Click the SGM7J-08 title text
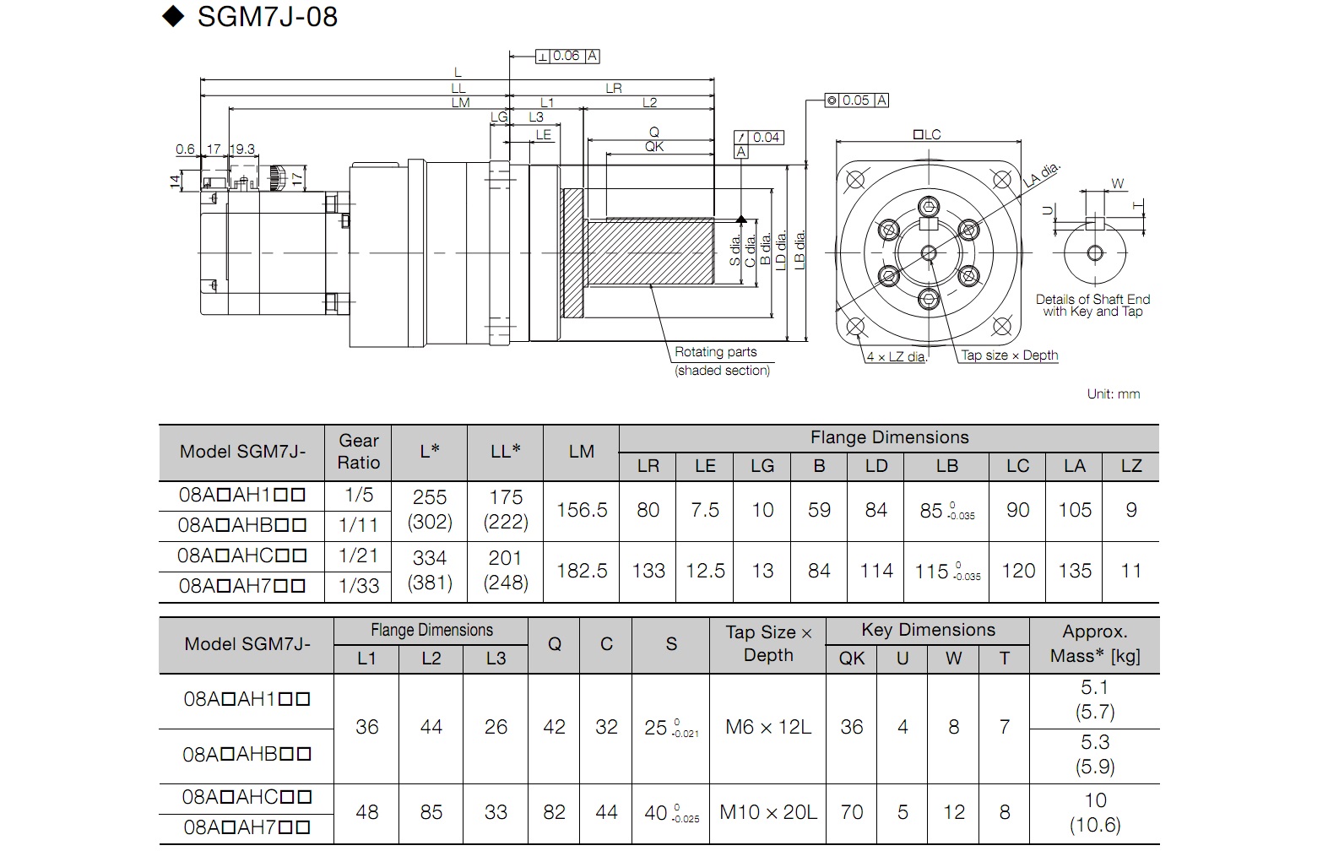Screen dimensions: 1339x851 pyautogui.click(x=267, y=17)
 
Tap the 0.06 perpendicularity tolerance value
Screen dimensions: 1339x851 pyautogui.click(x=566, y=56)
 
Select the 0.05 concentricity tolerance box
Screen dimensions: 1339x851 pyautogui.click(x=856, y=100)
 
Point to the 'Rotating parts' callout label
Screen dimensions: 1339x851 pyautogui.click(x=716, y=352)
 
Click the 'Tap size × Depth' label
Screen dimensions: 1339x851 pyautogui.click(x=1010, y=355)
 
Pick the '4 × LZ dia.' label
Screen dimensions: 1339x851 pyautogui.click(x=896, y=357)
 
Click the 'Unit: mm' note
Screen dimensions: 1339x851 pyautogui.click(x=1114, y=393)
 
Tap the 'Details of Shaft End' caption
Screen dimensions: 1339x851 pyautogui.click(x=1093, y=299)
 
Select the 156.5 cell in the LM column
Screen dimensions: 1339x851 pyautogui.click(x=582, y=510)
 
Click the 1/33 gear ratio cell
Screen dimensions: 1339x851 pyautogui.click(x=359, y=586)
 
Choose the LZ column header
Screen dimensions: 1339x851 pyautogui.click(x=1131, y=466)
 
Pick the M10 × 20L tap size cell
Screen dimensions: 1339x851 pyautogui.click(x=768, y=812)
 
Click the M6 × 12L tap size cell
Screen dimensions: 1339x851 pyautogui.click(x=768, y=727)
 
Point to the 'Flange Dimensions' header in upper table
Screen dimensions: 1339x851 pyautogui.click(x=889, y=437)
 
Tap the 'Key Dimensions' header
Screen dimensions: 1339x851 pyautogui.click(x=928, y=630)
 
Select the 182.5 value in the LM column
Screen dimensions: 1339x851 pyautogui.click(x=582, y=571)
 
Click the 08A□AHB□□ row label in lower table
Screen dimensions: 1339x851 pyautogui.click(x=247, y=754)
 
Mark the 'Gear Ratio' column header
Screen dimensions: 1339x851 pyautogui.click(x=359, y=452)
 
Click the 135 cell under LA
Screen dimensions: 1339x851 pyautogui.click(x=1075, y=571)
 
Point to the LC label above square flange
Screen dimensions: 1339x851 pyautogui.click(x=927, y=134)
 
